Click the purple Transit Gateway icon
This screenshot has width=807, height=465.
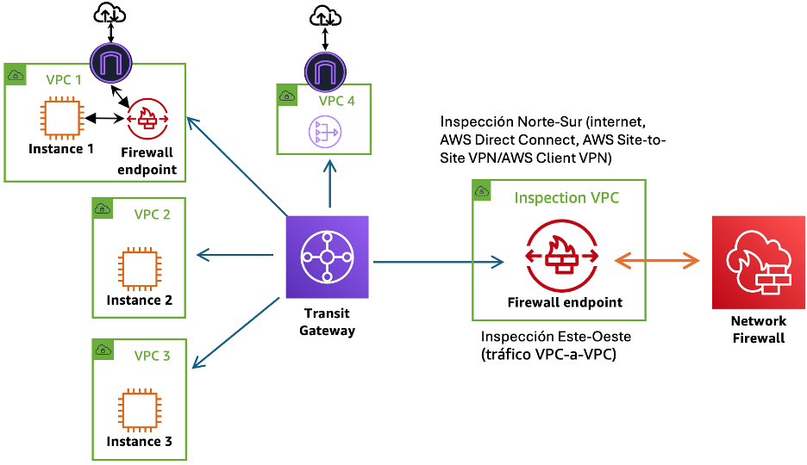tap(328, 257)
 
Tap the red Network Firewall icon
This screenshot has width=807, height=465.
tap(759, 262)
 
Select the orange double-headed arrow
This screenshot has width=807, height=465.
tap(657, 261)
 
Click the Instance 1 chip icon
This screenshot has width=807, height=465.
tap(62, 118)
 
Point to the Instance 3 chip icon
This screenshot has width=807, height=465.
tap(140, 410)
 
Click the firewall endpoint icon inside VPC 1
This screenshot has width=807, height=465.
tap(147, 119)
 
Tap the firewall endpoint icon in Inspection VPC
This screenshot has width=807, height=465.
tap(562, 256)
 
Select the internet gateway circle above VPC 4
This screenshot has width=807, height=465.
tap(325, 72)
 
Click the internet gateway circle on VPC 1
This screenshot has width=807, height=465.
tap(111, 63)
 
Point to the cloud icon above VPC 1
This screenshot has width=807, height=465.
tap(109, 13)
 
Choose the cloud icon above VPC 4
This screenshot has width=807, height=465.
tap(325, 15)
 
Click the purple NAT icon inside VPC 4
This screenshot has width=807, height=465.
tap(325, 132)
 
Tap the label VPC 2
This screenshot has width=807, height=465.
tap(152, 214)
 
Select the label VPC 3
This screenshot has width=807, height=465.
tap(152, 356)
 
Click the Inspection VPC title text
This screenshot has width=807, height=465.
tap(566, 198)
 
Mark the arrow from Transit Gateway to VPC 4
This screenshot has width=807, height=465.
tap(330, 184)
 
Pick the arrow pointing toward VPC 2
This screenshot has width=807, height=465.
tap(235, 254)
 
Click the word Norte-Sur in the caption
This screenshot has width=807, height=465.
tap(550, 121)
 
